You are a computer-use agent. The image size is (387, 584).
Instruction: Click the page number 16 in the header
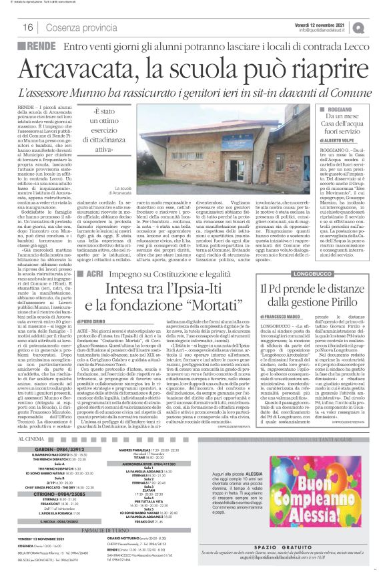[x=28, y=27]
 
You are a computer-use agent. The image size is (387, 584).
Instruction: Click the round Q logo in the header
[x=378, y=26]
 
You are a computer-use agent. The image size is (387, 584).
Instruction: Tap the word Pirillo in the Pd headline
[x=360, y=301]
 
